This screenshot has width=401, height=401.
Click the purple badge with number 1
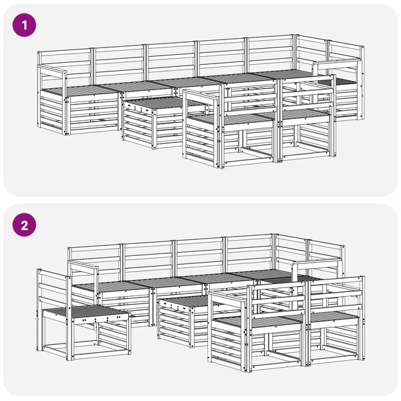[x=24, y=25]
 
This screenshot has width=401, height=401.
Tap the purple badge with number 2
[x=24, y=225]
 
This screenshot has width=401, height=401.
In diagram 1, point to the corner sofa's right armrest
[x=337, y=63]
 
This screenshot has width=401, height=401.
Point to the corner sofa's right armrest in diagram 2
[x=317, y=263]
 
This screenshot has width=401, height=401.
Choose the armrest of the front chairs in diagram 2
[x=228, y=297]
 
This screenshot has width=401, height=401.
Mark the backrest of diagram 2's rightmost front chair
[x=336, y=294]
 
